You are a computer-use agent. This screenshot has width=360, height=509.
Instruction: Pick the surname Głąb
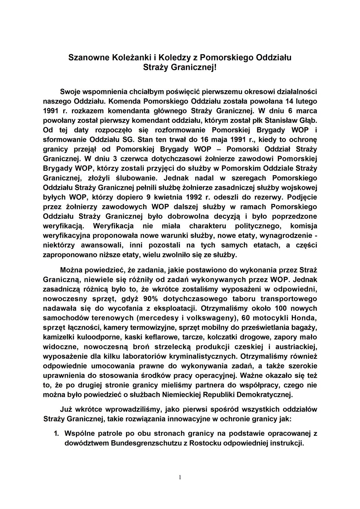click(308, 120)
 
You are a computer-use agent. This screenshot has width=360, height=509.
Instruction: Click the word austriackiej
click(297, 346)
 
